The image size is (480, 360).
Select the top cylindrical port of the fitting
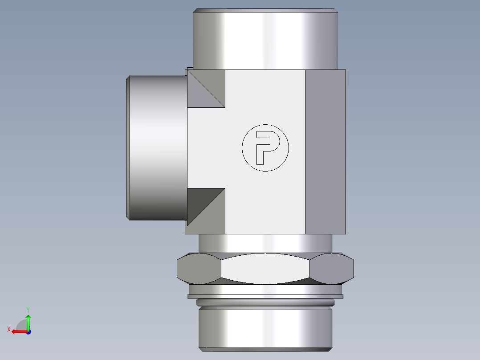[265, 40]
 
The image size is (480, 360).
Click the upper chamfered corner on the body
[206, 89]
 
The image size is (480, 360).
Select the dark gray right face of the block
[325, 151]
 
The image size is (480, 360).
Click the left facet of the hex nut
[199, 269]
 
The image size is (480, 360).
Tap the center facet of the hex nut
[265, 269]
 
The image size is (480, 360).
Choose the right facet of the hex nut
[332, 269]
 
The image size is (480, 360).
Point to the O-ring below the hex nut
[265, 303]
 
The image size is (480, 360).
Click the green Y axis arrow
[28, 320]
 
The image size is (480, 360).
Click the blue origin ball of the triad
[28, 331]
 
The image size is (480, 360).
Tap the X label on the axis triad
[9, 329]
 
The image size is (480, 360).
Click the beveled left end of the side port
[128, 147]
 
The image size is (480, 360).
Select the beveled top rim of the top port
[265, 10]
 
